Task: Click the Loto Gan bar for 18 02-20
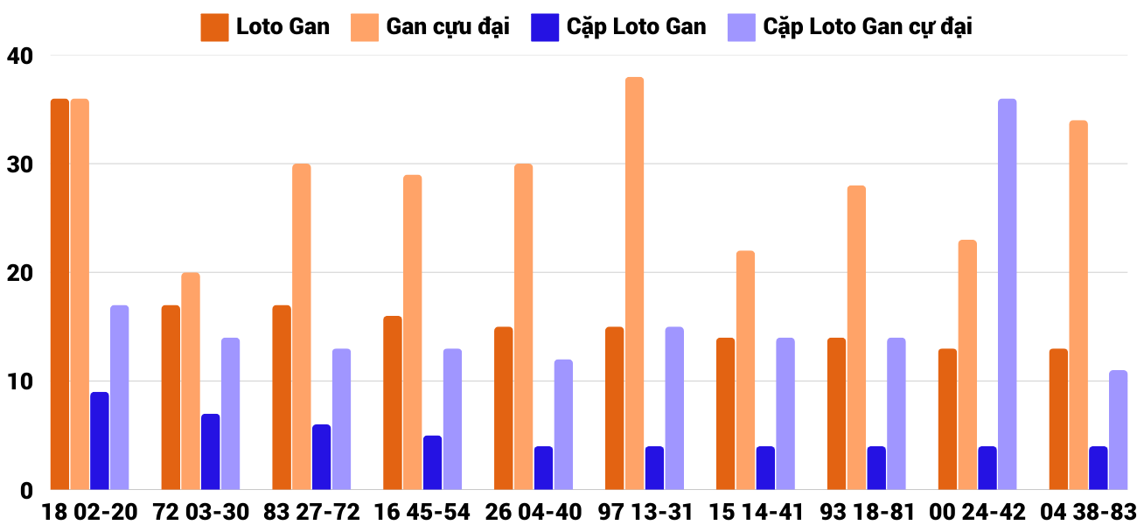[59, 294]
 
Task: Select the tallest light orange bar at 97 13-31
[634, 283]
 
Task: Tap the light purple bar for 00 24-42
[1007, 294]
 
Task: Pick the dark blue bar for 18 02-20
[100, 441]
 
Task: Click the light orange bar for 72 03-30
[190, 381]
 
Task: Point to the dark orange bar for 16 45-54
[393, 402]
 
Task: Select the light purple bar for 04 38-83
[1118, 430]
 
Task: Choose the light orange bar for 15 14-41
[745, 370]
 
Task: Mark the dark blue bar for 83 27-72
[322, 457]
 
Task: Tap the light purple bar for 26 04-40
[563, 424]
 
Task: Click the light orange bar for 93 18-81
[856, 338]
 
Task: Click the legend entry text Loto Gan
[283, 27]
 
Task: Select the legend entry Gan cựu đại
[448, 27]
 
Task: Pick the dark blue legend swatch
[544, 27]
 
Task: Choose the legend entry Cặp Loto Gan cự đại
[868, 27]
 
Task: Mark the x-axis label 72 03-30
[200, 512]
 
